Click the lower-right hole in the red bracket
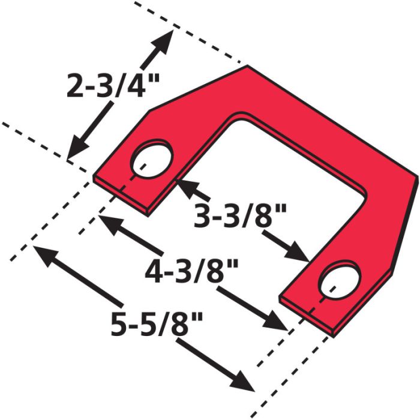[x=340, y=279]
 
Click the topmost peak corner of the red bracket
[x=247, y=66]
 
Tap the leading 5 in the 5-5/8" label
[x=121, y=325]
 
